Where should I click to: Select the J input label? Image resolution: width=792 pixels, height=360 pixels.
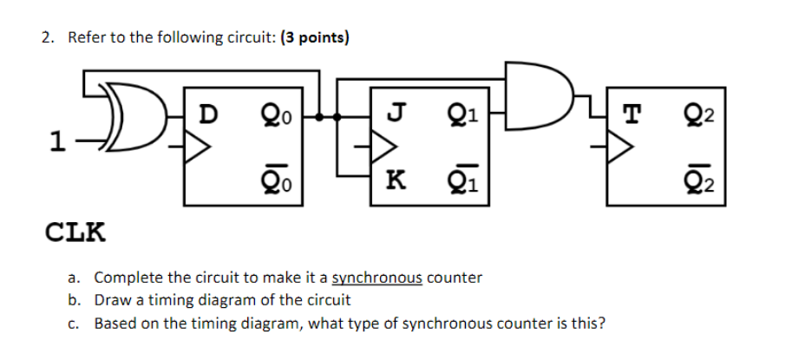pos(396,113)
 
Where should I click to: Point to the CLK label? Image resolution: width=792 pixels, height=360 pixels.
pos(75,232)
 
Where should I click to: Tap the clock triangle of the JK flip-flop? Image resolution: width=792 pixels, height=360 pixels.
pos(382,147)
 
